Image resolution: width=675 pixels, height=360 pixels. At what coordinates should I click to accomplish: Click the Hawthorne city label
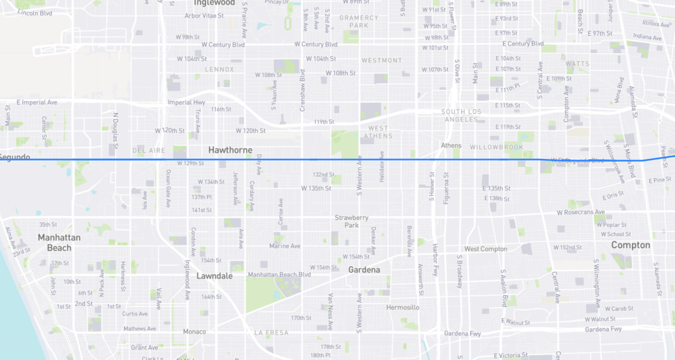click(230, 150)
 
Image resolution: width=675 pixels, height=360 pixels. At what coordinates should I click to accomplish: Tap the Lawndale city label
click(214, 276)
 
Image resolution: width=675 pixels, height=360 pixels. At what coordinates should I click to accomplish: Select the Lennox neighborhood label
click(219, 70)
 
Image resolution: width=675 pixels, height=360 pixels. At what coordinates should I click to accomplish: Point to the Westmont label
click(382, 60)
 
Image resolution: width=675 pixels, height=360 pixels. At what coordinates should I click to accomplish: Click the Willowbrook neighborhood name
click(497, 148)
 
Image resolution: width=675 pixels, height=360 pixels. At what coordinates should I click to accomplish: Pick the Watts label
click(577, 64)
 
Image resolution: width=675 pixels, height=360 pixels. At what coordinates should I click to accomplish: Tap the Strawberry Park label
click(351, 221)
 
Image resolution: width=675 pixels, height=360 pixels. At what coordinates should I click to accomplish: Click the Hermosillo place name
click(403, 307)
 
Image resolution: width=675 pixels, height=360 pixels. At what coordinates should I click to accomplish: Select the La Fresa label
click(271, 333)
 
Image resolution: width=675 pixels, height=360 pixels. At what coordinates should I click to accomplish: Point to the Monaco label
click(194, 332)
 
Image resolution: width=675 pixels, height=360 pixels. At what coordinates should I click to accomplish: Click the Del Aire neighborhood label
click(149, 151)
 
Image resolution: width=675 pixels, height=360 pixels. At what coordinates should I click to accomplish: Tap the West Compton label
click(486, 249)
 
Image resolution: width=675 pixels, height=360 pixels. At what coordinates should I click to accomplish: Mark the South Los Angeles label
click(461, 115)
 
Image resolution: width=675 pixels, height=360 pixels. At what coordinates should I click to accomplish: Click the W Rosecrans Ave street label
click(580, 212)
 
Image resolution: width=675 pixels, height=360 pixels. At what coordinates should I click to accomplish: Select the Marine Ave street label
click(285, 246)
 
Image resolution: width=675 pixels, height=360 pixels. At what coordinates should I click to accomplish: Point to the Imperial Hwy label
click(186, 103)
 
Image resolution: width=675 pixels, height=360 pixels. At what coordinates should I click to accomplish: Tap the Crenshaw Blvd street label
click(303, 90)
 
